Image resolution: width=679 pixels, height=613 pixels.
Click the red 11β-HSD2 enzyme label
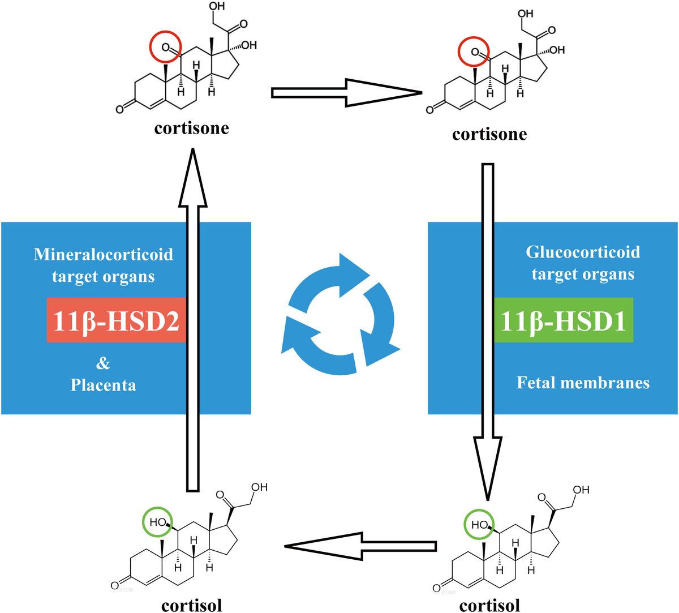[x=116, y=321]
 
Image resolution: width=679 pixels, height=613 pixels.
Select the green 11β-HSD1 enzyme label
[x=563, y=321]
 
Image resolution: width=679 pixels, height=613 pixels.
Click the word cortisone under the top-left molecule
[x=191, y=128]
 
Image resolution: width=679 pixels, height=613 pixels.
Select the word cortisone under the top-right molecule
[x=489, y=134]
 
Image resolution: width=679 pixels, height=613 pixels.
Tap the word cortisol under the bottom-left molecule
[x=191, y=605]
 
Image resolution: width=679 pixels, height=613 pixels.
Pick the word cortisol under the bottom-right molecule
[x=489, y=605]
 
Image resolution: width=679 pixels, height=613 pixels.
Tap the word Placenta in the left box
[x=103, y=385]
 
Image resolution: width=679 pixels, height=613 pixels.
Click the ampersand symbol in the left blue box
[x=103, y=362]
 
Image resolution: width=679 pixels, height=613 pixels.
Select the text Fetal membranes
[x=583, y=383]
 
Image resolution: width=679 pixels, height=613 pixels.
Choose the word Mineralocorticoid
[x=103, y=254]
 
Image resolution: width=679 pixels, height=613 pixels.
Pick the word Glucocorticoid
[x=583, y=252]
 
